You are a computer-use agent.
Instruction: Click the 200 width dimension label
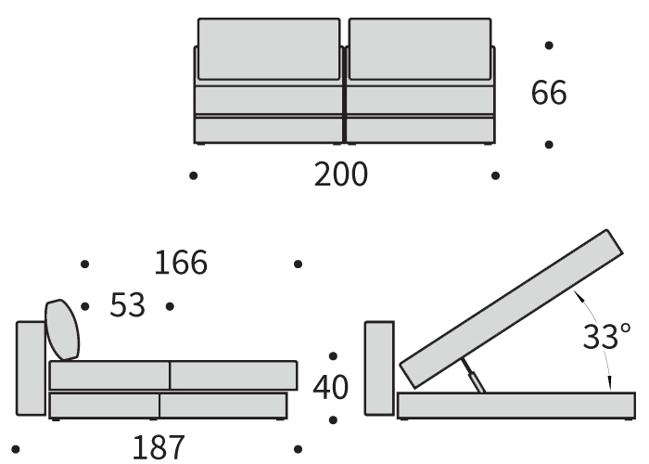coord(340,174)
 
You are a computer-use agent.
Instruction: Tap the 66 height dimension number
coord(549,93)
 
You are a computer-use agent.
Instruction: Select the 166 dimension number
coord(181,263)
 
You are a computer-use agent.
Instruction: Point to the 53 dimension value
coord(128,305)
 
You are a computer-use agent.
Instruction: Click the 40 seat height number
coord(331,388)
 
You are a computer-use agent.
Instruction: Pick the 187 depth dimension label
coord(159,448)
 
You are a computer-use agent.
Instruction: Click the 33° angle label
coord(606,336)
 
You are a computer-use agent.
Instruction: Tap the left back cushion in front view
coord(269,49)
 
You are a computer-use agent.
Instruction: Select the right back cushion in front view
coord(420,49)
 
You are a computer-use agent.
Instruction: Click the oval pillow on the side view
coord(62,329)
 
